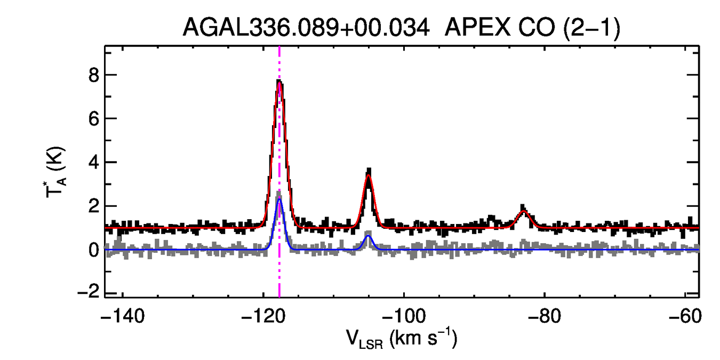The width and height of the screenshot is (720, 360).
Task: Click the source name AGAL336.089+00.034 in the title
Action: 306,28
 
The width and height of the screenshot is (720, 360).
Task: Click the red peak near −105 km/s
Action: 368,176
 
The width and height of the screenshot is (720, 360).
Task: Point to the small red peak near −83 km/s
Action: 523,211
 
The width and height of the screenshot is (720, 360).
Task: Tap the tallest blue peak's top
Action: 279,199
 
